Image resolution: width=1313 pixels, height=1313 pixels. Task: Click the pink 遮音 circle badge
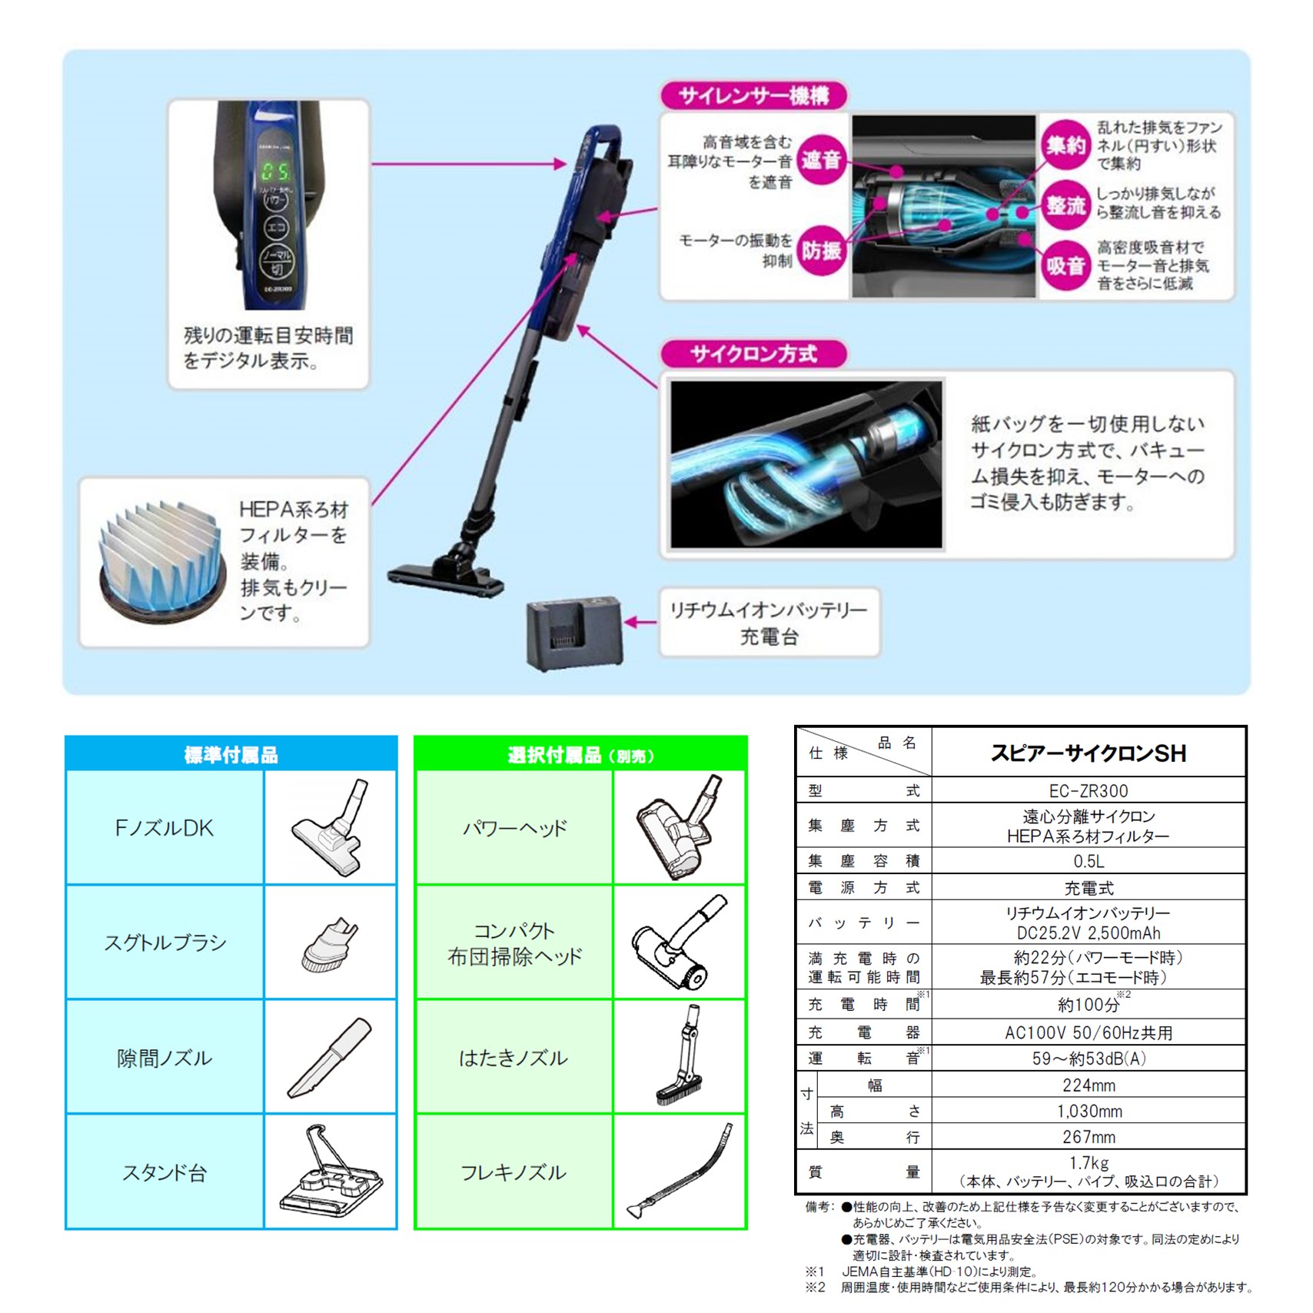coord(821,160)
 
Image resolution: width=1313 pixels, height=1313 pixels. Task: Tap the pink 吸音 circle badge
coord(1065,266)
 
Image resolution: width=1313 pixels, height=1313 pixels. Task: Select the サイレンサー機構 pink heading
coord(754,96)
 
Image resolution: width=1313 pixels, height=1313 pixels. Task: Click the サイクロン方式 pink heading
coord(753,354)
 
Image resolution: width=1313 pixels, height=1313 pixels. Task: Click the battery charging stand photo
coord(573,633)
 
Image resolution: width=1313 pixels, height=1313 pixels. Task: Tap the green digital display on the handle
coord(274,171)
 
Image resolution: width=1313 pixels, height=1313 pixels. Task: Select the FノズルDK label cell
coord(165,828)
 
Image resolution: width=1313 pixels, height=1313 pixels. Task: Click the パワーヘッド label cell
coord(514,828)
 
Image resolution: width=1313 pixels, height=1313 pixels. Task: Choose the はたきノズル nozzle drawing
coord(680,1057)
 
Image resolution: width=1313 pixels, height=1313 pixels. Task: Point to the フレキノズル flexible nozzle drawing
coord(680,1172)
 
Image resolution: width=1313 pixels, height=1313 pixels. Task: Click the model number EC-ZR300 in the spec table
coord(1088,790)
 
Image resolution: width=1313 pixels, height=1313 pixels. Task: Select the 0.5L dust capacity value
coord(1088,861)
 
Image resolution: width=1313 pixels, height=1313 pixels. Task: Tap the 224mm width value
coord(1088,1085)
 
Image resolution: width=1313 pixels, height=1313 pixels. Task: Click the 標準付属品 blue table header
coord(231,755)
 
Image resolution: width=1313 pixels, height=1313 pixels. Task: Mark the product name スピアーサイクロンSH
coord(1088,753)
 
